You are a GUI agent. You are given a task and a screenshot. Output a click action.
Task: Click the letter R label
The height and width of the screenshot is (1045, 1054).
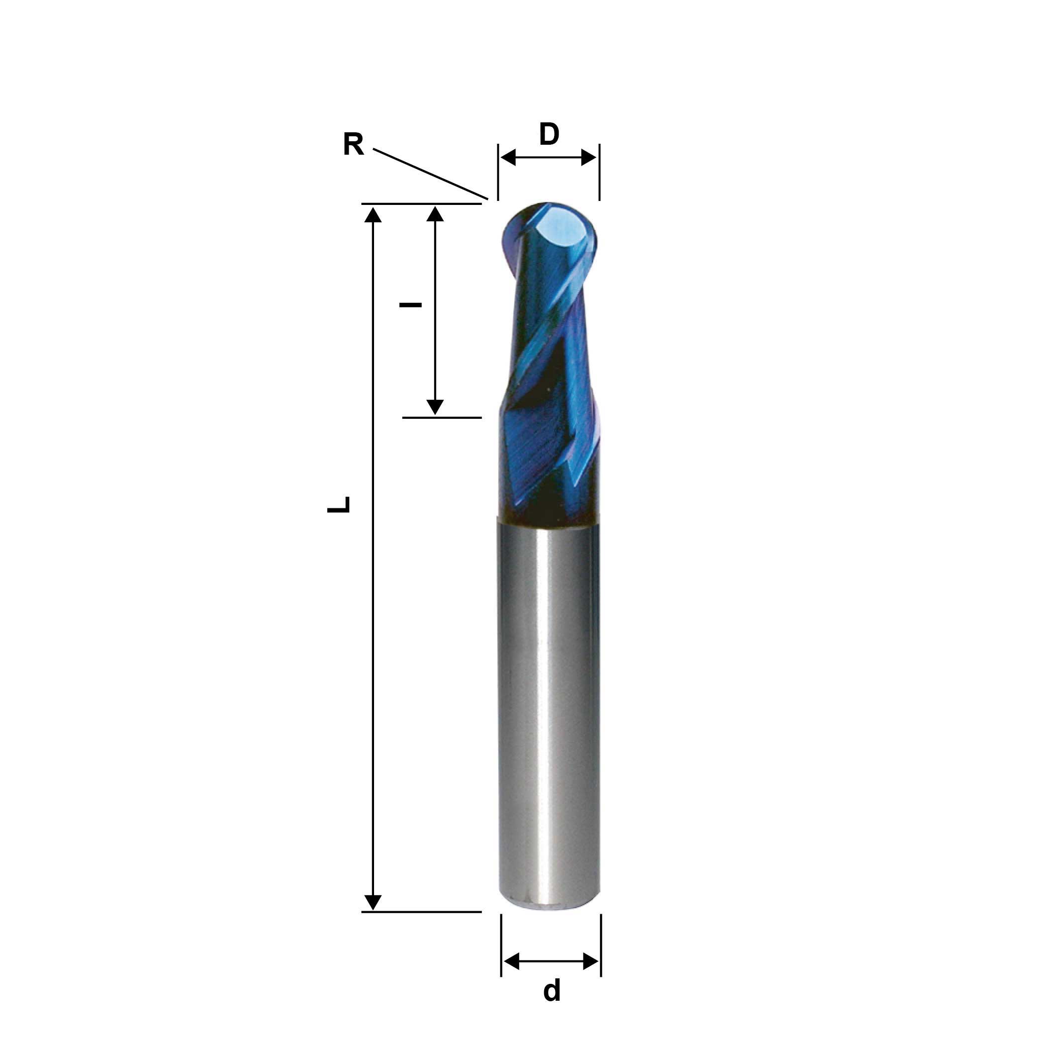pyautogui.click(x=353, y=145)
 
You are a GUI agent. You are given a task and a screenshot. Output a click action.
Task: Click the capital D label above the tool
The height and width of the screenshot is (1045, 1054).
pyautogui.click(x=549, y=134)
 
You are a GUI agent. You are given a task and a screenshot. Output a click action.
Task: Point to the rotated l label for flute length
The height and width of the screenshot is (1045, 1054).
pyautogui.click(x=410, y=304)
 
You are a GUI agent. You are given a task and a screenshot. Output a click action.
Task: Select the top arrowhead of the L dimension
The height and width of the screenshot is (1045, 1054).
pyautogui.click(x=373, y=214)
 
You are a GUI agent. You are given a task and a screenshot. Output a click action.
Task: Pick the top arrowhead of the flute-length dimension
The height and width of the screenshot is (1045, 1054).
pyautogui.click(x=435, y=214)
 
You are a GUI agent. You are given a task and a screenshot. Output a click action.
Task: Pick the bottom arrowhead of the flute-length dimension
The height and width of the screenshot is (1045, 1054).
pyautogui.click(x=435, y=407)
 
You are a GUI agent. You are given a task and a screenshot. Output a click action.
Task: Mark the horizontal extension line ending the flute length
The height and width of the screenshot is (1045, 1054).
pyautogui.click(x=442, y=417)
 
